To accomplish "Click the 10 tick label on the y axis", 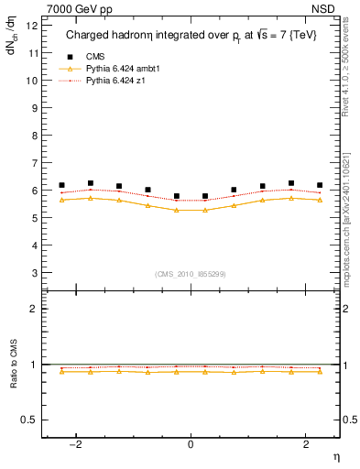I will pyautogui.click(x=34, y=81).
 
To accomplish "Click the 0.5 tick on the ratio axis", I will pyautogui.click(x=32, y=420).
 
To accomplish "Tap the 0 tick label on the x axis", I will pyautogui.click(x=191, y=444).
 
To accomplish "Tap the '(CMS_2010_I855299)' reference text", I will pyautogui.click(x=190, y=274).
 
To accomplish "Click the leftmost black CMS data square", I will pyautogui.click(x=61, y=185).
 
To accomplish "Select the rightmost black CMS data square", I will pyautogui.click(x=320, y=185).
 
